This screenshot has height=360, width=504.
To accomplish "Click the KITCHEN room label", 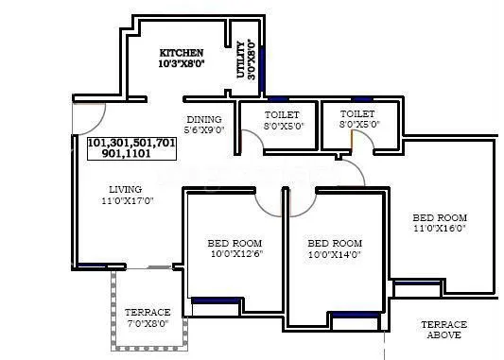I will (x=181, y=53).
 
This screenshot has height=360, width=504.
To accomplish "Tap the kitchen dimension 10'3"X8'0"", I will (x=181, y=65).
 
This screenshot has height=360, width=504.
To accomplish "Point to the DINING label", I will (x=203, y=119).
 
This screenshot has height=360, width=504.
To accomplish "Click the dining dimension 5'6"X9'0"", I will (x=203, y=129).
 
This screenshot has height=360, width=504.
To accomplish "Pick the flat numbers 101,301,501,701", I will (x=131, y=143).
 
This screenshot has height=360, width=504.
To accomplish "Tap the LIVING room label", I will (x=125, y=189).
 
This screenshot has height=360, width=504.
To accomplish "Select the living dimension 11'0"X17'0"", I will (x=125, y=201).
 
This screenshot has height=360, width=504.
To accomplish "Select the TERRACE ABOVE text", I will (x=443, y=329).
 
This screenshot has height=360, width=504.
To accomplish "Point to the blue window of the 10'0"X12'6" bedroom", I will (x=215, y=300).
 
